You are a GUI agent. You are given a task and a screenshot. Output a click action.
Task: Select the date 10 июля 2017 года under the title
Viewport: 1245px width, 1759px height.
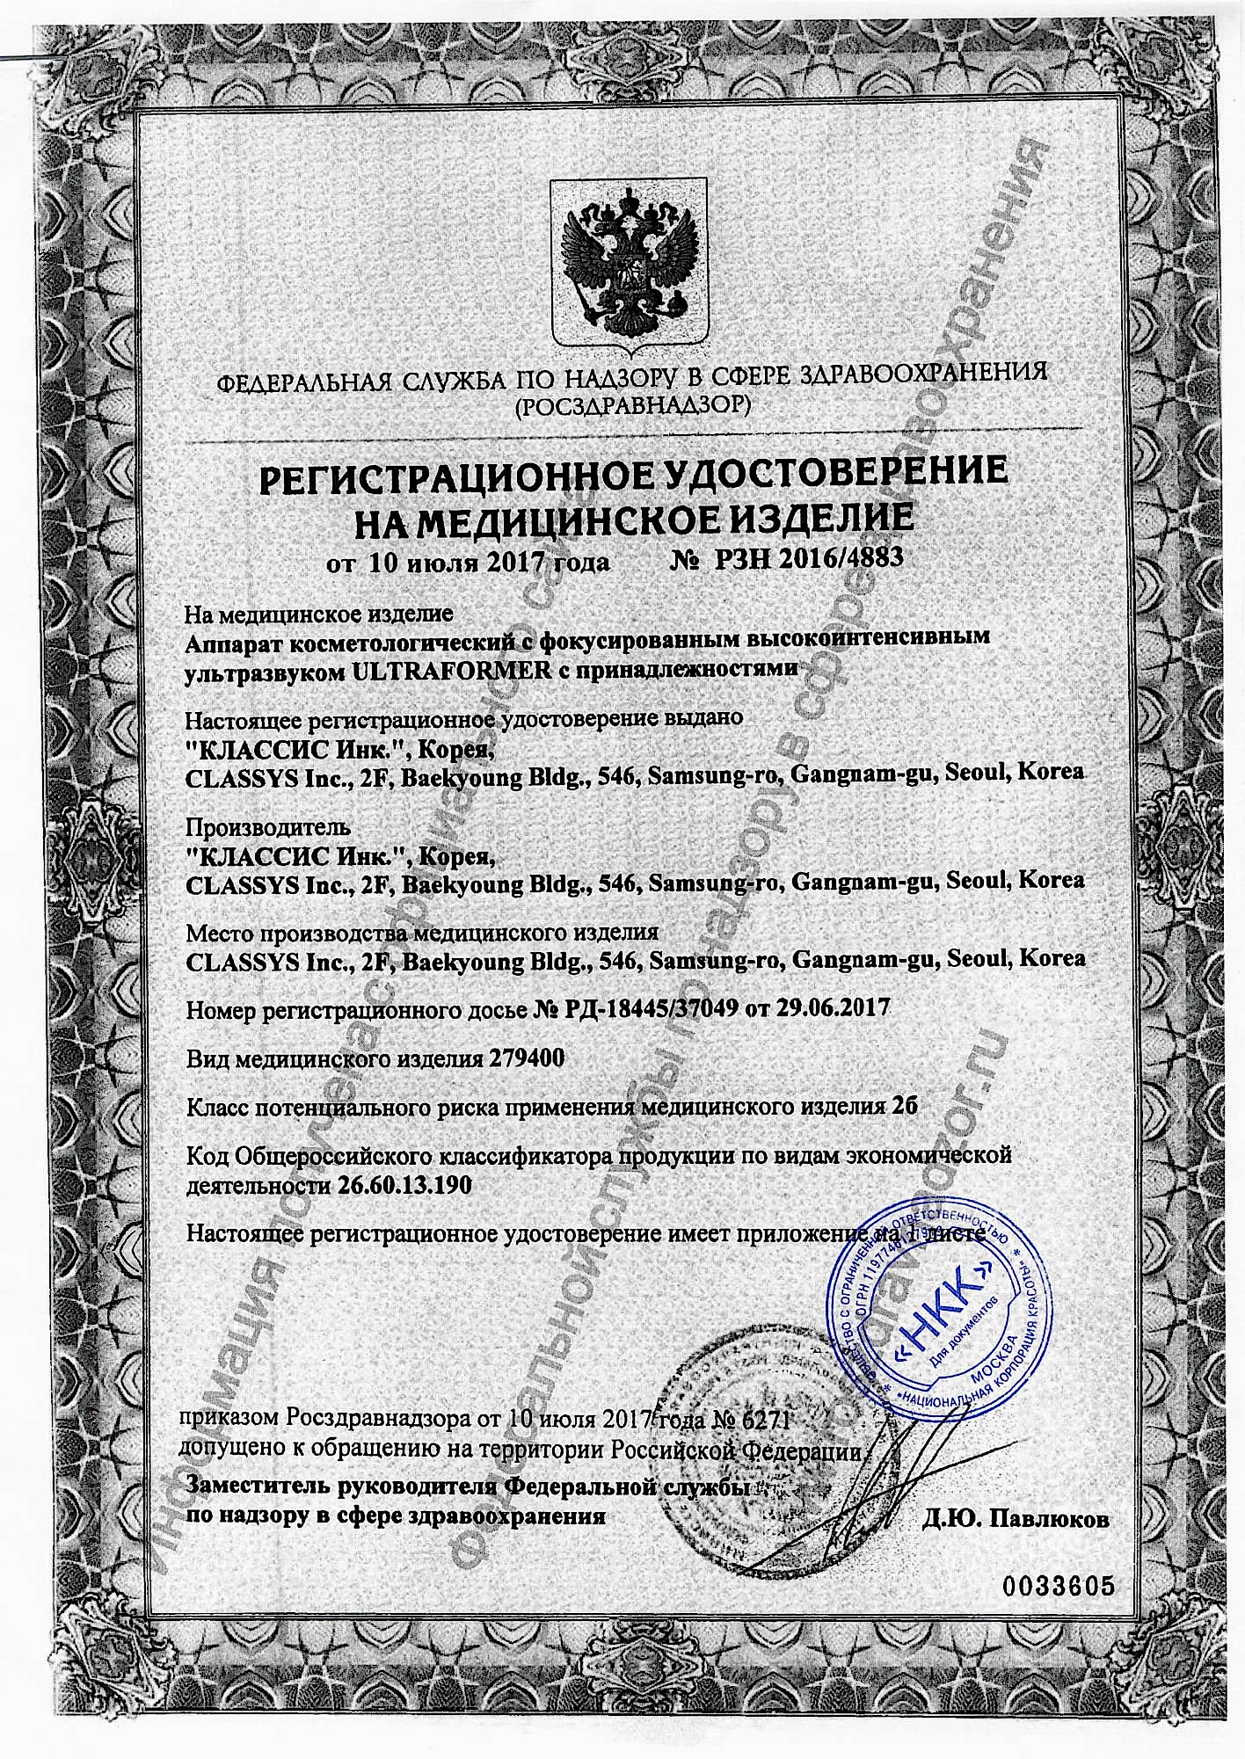tap(489, 562)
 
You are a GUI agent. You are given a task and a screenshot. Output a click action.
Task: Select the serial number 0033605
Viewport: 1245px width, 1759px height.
tap(1057, 1586)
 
